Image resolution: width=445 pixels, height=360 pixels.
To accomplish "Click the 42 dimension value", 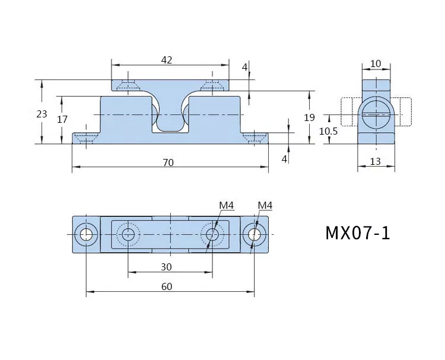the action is tap(167, 60).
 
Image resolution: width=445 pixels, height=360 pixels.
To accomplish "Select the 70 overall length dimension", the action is tap(168, 163).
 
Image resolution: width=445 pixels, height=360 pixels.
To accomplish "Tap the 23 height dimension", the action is tap(42, 114).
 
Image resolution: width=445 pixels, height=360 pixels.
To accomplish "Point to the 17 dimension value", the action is tap(62, 119).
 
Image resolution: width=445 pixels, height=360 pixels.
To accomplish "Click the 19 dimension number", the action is tap(309, 117).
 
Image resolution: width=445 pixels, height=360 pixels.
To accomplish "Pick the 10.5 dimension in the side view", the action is tap(328, 131).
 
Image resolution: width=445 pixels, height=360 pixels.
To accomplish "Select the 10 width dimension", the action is tap(376, 63).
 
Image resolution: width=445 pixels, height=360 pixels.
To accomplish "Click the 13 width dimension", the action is tap(375, 161).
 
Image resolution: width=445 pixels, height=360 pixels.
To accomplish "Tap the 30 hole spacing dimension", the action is tap(166, 267).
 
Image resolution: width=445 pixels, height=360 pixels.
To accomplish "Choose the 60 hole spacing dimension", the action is tap(167, 287).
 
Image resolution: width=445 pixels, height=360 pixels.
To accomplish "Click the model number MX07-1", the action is tap(358, 233).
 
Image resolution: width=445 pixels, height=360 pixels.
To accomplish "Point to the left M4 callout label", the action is tap(227, 205).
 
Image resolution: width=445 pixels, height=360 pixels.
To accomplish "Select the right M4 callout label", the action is tap(265, 205).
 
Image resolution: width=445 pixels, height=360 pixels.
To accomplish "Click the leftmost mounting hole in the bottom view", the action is tap(86, 235).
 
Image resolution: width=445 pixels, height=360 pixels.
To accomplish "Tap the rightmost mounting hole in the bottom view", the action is tap(255, 235).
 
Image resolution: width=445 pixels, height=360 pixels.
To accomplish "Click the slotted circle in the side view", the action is tap(376, 114).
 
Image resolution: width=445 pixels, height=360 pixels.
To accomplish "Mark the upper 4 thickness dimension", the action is tap(244, 68).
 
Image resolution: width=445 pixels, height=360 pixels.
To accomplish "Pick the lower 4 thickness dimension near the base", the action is tap(284, 159).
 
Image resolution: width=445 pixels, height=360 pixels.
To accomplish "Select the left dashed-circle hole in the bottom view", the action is tap(128, 235).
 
